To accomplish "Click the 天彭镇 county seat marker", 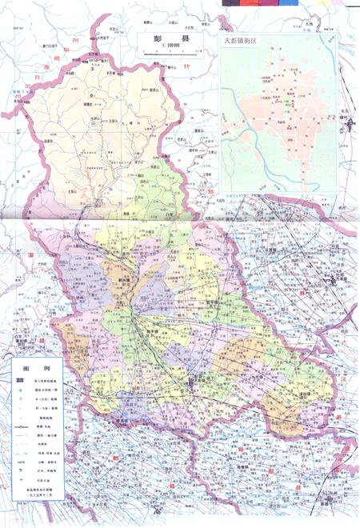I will coord(190,385).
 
